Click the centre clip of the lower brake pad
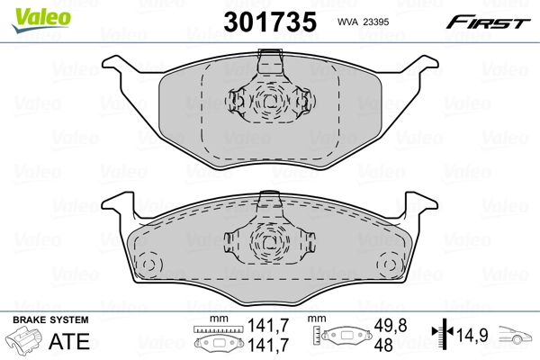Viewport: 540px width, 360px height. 267,238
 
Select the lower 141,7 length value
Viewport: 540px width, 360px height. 259,346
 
